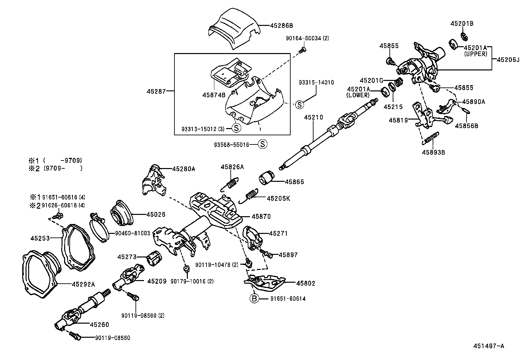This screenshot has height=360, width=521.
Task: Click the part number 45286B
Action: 281,25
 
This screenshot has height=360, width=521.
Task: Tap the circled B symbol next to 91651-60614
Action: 254,299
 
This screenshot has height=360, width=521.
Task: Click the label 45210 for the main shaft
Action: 314,117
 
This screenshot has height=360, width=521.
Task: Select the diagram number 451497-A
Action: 489,346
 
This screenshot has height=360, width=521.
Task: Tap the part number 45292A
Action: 83,284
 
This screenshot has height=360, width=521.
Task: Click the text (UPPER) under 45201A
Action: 476,54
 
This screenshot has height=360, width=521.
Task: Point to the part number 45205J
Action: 508,60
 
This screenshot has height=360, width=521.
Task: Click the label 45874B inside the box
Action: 214,95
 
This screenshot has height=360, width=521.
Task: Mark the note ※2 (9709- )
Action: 56,168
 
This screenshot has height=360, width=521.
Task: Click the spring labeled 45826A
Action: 231,184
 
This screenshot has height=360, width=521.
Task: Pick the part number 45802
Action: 306,283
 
